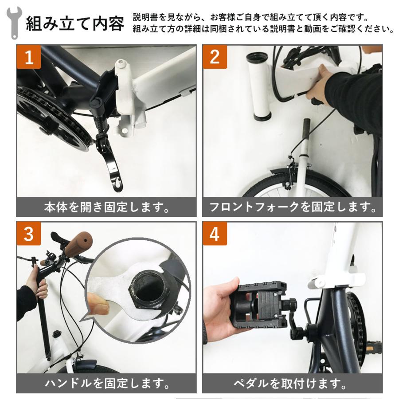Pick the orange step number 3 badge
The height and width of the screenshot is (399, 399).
pos(29,234)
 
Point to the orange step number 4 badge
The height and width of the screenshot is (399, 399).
pos(215,234)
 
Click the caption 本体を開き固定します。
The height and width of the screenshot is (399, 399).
pos(106,207)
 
